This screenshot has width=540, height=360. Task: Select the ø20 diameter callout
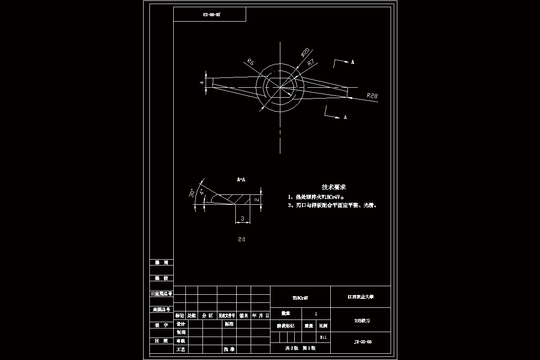pos(305,53)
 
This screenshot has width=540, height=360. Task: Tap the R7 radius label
pos(310,63)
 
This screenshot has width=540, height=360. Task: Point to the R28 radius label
pos(372,95)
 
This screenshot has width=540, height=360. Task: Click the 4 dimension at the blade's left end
pos(202,83)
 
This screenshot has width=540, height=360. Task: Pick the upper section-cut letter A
pos(352,62)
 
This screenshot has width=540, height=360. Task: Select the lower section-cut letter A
pos(345,117)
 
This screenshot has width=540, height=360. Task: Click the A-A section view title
pos(241,180)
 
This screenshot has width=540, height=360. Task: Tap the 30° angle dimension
pos(192,193)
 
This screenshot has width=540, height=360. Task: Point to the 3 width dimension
pos(243,219)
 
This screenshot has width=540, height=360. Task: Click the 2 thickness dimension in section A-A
pos(256,199)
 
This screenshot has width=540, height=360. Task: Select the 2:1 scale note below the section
pos(242,240)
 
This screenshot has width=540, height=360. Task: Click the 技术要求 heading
pos(333,187)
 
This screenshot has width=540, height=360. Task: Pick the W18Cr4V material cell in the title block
pos(300,297)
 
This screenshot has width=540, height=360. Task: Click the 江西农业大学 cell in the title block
pos(360,297)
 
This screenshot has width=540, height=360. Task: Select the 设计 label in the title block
pos(181,324)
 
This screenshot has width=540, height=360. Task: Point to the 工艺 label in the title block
pos(181,349)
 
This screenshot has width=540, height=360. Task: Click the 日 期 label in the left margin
pos(161,341)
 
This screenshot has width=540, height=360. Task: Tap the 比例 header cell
pos(323,325)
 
